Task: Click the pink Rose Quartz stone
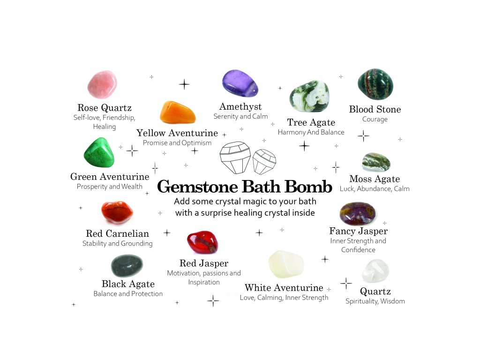tap(102, 84)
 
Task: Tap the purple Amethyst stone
tap(240, 83)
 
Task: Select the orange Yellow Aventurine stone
tap(178, 112)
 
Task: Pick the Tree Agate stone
tap(309, 97)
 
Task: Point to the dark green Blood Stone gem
tap(375, 84)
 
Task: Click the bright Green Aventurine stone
tap(99, 152)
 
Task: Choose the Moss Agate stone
tap(376, 162)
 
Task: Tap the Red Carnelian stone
tap(117, 213)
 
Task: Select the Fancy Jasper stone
tap(358, 214)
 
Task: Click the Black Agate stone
tap(127, 266)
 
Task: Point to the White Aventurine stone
tap(286, 264)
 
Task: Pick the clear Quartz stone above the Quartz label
tap(375, 271)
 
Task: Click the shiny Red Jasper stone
tap(202, 242)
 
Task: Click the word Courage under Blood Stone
tap(375, 120)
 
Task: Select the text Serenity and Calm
tap(240, 116)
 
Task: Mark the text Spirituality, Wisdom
tap(375, 301)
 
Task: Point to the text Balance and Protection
tap(128, 294)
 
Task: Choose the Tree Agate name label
tap(311, 123)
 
